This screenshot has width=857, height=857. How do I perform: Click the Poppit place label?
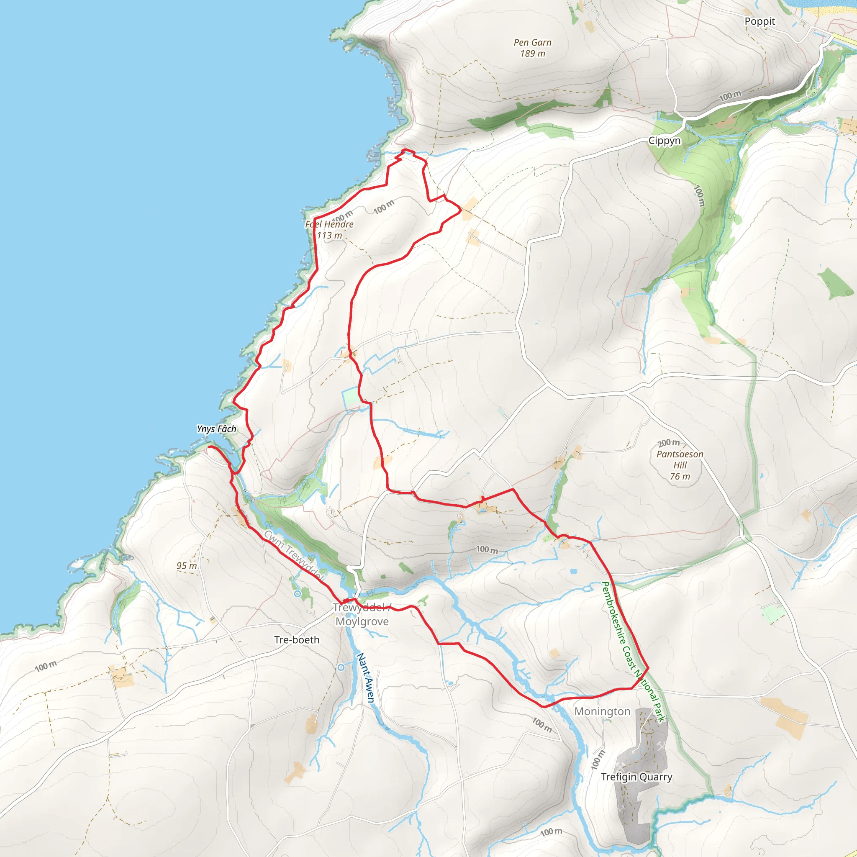tap(759, 21)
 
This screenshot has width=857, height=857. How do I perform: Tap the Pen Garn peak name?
tap(532, 43)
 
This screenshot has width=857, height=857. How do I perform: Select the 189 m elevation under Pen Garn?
tap(532, 54)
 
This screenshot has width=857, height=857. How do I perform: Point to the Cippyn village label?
tap(664, 141)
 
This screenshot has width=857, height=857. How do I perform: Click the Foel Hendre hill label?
tap(329, 224)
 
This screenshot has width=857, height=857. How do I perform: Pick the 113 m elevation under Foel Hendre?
tap(329, 236)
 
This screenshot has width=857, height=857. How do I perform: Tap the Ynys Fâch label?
tap(216, 429)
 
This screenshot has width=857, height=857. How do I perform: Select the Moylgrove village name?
tap(362, 621)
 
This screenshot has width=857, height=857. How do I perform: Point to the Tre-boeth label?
tap(296, 640)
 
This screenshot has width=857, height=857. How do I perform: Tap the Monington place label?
tap(602, 711)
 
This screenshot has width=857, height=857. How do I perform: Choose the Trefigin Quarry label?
tap(636, 777)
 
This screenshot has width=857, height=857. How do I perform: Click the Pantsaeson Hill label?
tap(680, 459)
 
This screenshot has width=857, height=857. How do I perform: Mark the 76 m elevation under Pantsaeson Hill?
tap(680, 476)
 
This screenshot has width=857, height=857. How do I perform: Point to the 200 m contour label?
tap(668, 443)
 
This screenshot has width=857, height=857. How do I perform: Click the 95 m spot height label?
tap(186, 566)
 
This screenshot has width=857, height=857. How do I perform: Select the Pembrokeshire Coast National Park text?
tap(633, 652)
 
